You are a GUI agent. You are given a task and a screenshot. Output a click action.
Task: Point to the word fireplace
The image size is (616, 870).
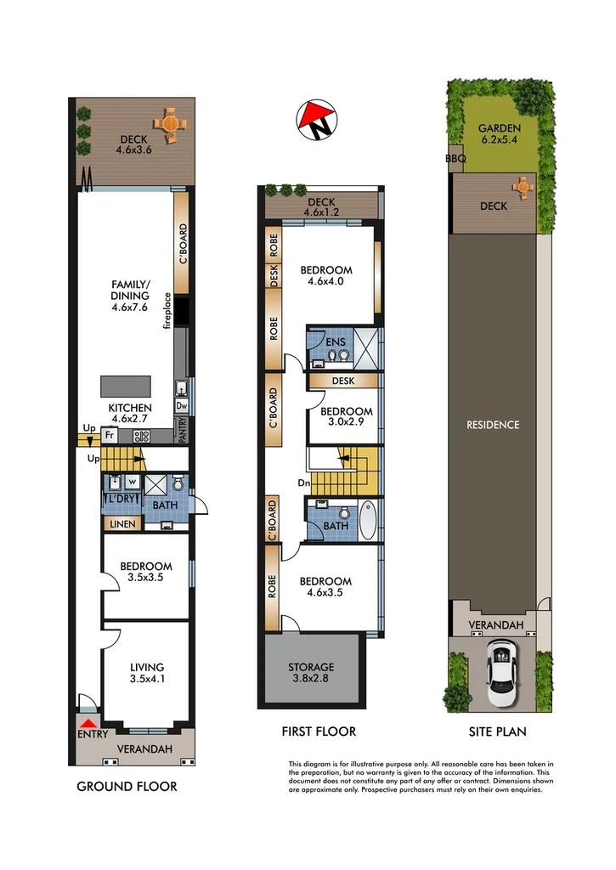point(167,310)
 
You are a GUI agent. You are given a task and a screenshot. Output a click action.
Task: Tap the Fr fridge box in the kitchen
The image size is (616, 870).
point(110,437)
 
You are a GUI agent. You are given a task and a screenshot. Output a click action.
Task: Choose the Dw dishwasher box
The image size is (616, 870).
point(181,406)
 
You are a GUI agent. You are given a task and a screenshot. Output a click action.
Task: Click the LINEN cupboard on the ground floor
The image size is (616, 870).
point(121,524)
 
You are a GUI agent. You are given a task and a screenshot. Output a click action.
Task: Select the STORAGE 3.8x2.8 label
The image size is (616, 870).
point(311,673)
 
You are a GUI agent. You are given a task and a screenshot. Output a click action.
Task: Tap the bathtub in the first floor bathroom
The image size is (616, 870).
point(367,521)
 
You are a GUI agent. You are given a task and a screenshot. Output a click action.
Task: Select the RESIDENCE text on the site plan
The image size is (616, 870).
point(493,425)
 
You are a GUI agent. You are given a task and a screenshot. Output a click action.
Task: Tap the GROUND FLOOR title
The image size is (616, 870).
point(127,787)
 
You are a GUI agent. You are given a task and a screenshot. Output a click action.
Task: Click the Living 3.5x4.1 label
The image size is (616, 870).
point(146,674)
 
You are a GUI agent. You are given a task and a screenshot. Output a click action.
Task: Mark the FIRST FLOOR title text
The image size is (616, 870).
point(319,732)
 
